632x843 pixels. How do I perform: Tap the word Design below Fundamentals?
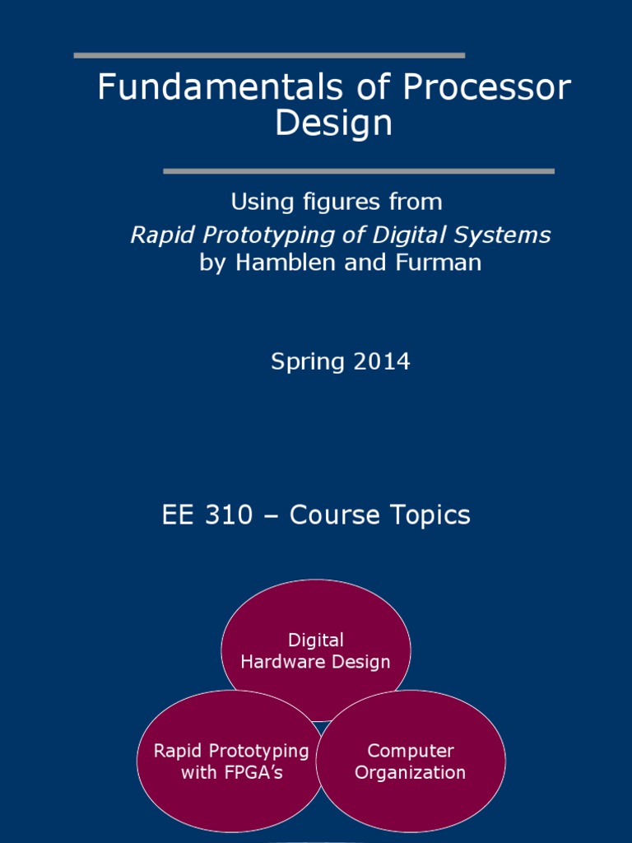[x=333, y=123]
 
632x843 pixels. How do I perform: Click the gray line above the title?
[x=269, y=55]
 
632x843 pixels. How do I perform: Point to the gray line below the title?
[x=359, y=171]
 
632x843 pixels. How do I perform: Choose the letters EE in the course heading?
[x=176, y=515]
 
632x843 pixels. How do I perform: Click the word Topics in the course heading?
[x=426, y=515]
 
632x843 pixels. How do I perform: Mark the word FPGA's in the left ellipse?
[x=256, y=772]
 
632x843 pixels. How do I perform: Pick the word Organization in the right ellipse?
[x=411, y=772]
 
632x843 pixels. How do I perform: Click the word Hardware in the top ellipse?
[x=278, y=662]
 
